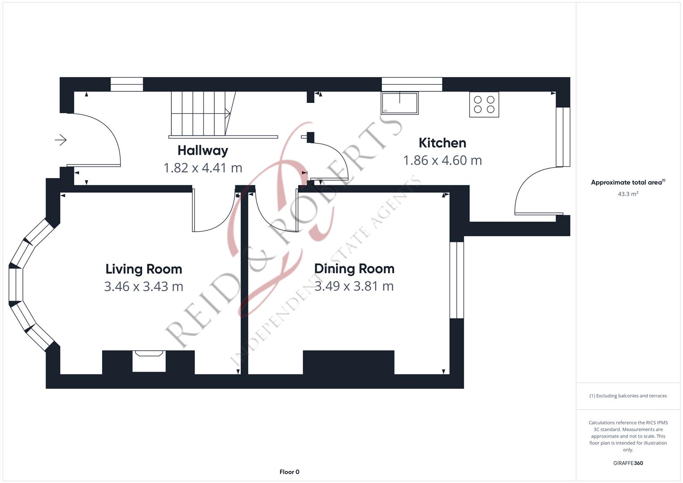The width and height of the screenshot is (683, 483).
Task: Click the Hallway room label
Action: (203, 151)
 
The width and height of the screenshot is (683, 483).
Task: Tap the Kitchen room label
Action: (442, 143)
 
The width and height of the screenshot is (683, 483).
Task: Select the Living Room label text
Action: (144, 269)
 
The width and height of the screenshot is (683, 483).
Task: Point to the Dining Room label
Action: (354, 269)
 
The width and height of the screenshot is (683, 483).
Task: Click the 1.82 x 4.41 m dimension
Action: (203, 168)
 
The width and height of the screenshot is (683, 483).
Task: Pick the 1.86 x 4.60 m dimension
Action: (442, 161)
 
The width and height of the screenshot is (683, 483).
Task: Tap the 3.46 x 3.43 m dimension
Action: (144, 287)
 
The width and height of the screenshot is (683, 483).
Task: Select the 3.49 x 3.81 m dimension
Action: (354, 286)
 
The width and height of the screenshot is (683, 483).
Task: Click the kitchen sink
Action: (399, 103)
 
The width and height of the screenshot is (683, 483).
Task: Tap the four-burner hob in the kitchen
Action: (484, 105)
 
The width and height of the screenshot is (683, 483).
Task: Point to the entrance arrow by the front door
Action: (61, 140)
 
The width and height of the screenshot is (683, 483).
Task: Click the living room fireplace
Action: (149, 361)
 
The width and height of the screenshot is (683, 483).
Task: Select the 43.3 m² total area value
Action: (628, 194)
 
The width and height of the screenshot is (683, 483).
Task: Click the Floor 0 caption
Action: (289, 472)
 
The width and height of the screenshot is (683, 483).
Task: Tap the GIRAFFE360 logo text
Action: (628, 463)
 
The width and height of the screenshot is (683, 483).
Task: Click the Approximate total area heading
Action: (628, 182)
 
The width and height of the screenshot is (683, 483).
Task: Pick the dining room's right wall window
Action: (457, 280)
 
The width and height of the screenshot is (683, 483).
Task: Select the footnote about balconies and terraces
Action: (628, 396)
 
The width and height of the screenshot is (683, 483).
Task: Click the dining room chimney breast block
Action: (348, 362)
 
